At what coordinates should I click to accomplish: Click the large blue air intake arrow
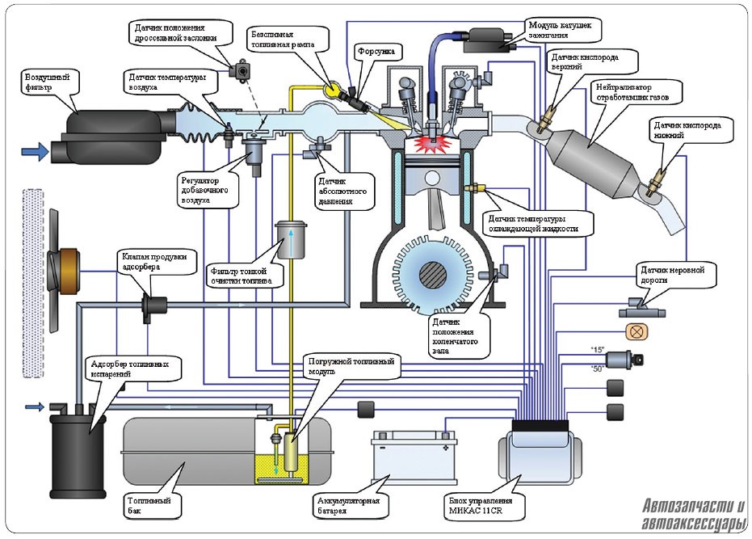click(x=35, y=152)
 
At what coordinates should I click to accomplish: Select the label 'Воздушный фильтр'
click(x=48, y=82)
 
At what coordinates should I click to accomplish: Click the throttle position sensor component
click(x=241, y=70)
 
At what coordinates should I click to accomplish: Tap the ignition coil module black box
click(x=489, y=40)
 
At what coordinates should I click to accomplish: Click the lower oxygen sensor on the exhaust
click(x=655, y=182)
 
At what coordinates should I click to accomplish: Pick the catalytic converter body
click(x=594, y=153)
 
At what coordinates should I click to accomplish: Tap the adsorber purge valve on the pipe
click(x=153, y=305)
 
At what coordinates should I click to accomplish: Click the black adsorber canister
click(x=78, y=455)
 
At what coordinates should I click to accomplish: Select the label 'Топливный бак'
click(x=149, y=506)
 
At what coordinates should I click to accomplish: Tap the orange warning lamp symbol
click(x=636, y=331)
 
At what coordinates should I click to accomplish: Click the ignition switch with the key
click(x=624, y=360)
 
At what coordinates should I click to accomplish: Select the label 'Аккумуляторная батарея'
click(x=349, y=506)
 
